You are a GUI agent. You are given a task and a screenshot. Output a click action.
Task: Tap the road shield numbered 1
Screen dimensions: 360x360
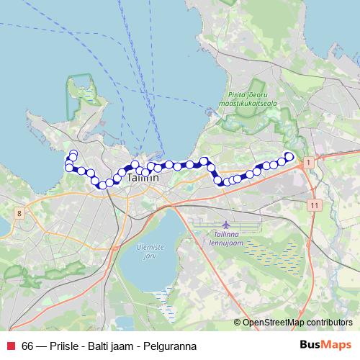309,163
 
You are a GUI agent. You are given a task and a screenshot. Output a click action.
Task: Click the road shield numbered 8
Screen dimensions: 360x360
17,213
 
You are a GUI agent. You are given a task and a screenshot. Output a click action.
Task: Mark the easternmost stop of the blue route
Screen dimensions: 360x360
289,156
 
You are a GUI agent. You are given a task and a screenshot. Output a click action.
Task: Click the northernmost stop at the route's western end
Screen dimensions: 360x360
73,153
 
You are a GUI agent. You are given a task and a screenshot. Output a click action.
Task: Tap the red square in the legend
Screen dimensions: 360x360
11,346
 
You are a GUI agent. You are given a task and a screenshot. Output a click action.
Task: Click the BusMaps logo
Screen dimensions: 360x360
325,345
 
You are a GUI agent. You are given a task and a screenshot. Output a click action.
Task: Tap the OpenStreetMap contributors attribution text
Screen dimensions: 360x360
297,323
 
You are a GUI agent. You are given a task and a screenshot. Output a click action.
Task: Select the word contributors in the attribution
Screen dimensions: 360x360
329,323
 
